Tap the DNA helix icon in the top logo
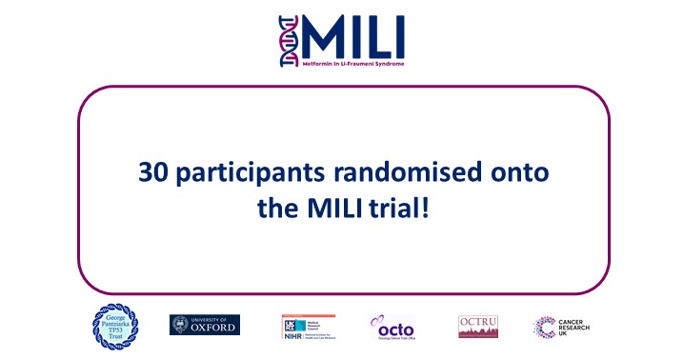coord(290,41)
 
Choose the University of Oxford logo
coord(205,325)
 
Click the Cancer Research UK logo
coord(560,327)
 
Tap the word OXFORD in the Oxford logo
coord(214,328)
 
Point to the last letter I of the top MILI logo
coord(398,35)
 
